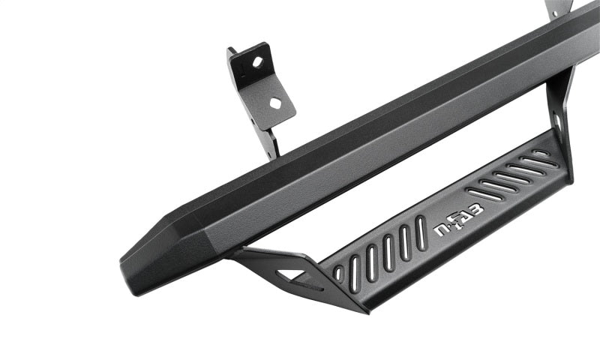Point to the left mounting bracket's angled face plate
tap(263, 82)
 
